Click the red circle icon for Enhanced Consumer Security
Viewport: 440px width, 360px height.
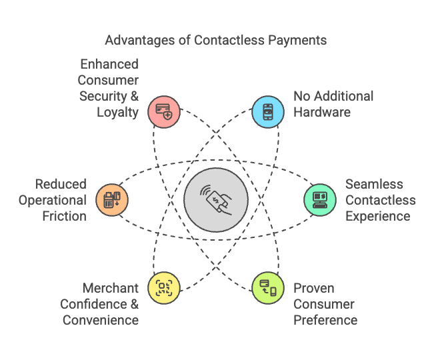pyautogui.click(x=164, y=111)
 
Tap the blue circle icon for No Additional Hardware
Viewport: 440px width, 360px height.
pyautogui.click(x=268, y=111)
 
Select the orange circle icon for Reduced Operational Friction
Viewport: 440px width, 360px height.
pyautogui.click(x=112, y=199)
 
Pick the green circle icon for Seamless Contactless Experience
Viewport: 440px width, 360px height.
pyautogui.click(x=320, y=199)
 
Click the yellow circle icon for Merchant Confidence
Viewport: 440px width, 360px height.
pyautogui.click(x=164, y=288)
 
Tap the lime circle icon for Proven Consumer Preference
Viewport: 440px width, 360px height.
pyautogui.click(x=268, y=288)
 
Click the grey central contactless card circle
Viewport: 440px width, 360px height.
pyautogui.click(x=216, y=199)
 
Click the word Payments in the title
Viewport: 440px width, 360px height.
pyautogui.click(x=298, y=40)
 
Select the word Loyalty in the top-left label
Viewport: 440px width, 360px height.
pyautogui.click(x=117, y=112)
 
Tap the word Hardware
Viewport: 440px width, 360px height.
pyautogui.click(x=322, y=112)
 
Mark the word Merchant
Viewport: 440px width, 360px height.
pyautogui.click(x=111, y=288)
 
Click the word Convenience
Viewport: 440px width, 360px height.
pyautogui.click(x=101, y=320)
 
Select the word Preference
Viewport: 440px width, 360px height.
pyautogui.click(x=325, y=320)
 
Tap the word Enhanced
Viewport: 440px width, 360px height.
pyautogui.click(x=109, y=64)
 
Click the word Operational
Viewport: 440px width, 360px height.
pyautogui.click(x=53, y=200)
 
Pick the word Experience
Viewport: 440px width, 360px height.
pyautogui.click(x=378, y=216)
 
